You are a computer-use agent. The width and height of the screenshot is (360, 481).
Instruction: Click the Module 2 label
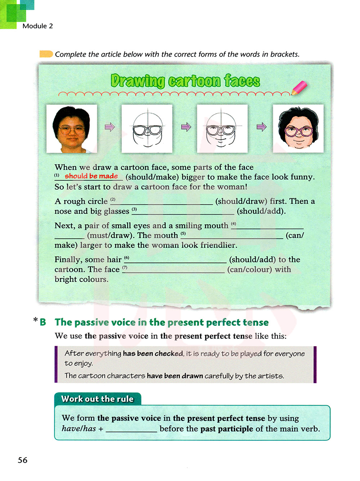tap(37, 26)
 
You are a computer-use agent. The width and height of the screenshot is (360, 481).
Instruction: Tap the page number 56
tap(22, 460)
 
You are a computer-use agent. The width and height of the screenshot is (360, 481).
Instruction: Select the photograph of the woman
tap(72, 129)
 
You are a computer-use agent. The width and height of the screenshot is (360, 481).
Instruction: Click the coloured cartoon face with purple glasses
tap(298, 129)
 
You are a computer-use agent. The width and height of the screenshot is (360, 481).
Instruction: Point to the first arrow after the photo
tap(109, 127)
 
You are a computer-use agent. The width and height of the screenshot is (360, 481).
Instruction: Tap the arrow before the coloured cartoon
tap(261, 127)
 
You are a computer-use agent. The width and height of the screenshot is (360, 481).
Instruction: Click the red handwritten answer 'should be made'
tap(91, 176)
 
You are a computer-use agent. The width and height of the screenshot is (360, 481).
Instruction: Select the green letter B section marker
tap(43, 322)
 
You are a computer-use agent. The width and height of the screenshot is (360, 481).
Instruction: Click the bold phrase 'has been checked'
tap(153, 354)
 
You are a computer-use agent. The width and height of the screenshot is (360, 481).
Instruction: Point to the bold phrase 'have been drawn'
tap(175, 376)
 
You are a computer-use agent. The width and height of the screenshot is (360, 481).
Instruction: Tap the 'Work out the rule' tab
tap(97, 399)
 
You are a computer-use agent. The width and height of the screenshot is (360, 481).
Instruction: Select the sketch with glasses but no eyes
tap(147, 129)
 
